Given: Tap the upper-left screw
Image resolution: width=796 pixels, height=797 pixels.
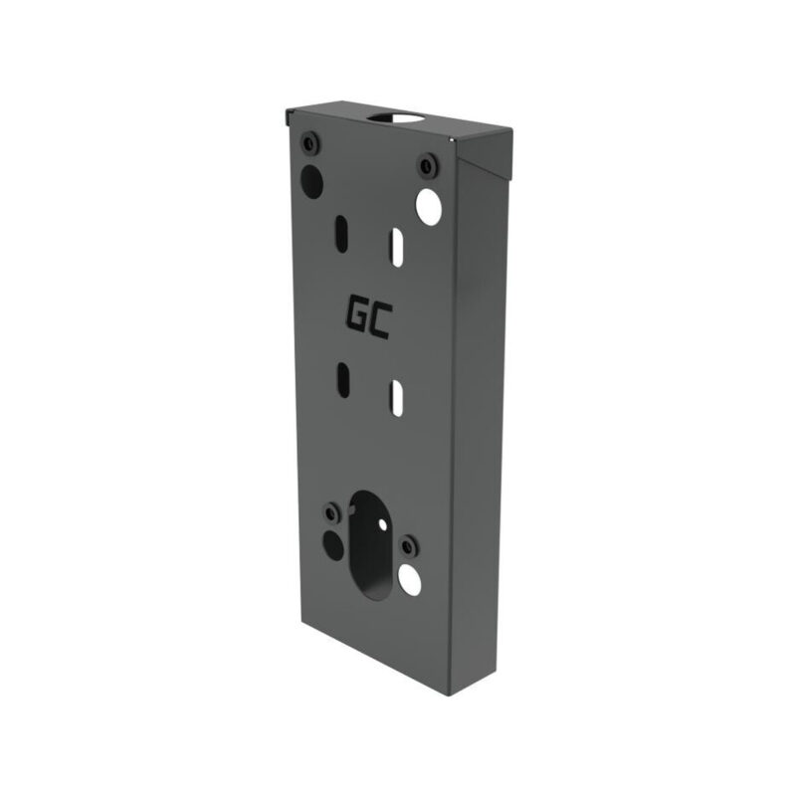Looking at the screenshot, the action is pyautogui.click(x=309, y=144).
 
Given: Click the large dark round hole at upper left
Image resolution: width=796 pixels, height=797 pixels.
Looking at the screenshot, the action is pyautogui.click(x=311, y=180).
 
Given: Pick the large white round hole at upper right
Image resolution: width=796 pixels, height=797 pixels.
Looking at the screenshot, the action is pyautogui.click(x=428, y=207).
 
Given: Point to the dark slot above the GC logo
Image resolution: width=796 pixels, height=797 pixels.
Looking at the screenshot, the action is pyautogui.click(x=341, y=231).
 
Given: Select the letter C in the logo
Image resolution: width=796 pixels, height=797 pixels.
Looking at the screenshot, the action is pyautogui.click(x=381, y=321).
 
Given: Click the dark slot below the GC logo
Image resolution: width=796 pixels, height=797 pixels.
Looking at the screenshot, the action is pyautogui.click(x=344, y=380).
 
